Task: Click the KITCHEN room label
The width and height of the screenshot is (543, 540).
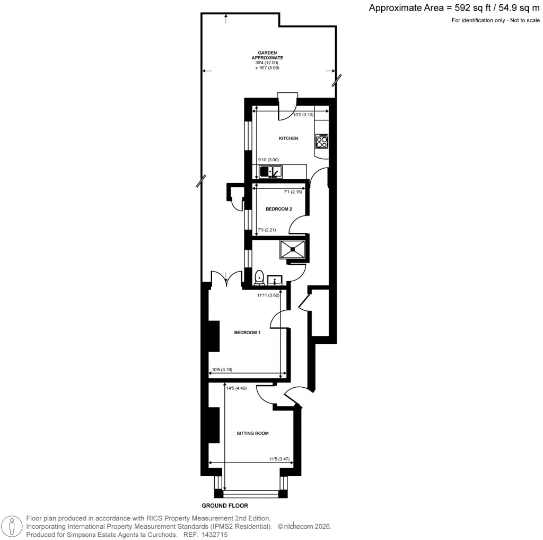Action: click(288, 138)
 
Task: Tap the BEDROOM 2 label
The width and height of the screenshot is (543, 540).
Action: click(278, 209)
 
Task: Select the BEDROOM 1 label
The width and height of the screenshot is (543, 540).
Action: click(248, 333)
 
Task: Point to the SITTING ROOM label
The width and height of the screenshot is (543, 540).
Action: click(252, 433)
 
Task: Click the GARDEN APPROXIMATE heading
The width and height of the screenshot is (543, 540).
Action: click(267, 55)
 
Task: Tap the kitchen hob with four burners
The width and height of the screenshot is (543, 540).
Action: click(321, 141)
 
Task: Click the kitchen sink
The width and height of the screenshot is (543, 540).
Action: click(271, 172)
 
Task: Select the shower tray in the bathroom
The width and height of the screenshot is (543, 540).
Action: click(293, 249)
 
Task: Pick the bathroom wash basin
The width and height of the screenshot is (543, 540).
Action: click(275, 280)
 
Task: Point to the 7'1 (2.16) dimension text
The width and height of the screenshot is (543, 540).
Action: click(293, 191)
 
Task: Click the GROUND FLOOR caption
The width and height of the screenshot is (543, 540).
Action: click(224, 506)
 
